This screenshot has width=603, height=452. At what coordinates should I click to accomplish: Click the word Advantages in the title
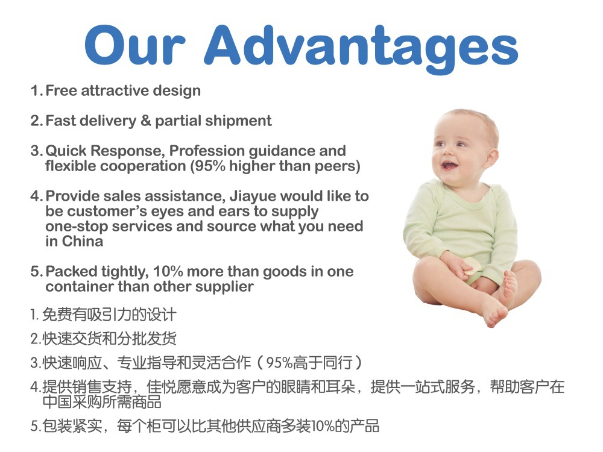[x=361, y=48]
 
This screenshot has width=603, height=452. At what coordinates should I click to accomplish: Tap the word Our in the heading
[x=135, y=45]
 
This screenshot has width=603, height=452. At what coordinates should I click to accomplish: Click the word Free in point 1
[x=61, y=91]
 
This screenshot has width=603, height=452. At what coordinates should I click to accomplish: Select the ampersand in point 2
[x=146, y=121]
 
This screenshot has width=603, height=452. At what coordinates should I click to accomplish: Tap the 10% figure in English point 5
[x=168, y=272]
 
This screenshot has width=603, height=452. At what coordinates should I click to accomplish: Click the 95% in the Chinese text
[x=279, y=363]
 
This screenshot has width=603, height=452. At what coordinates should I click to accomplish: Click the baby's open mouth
[x=449, y=166]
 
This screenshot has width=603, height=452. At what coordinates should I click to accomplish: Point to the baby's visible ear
[x=491, y=158]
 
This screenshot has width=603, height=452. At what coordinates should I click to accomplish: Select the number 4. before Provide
[x=37, y=196]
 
